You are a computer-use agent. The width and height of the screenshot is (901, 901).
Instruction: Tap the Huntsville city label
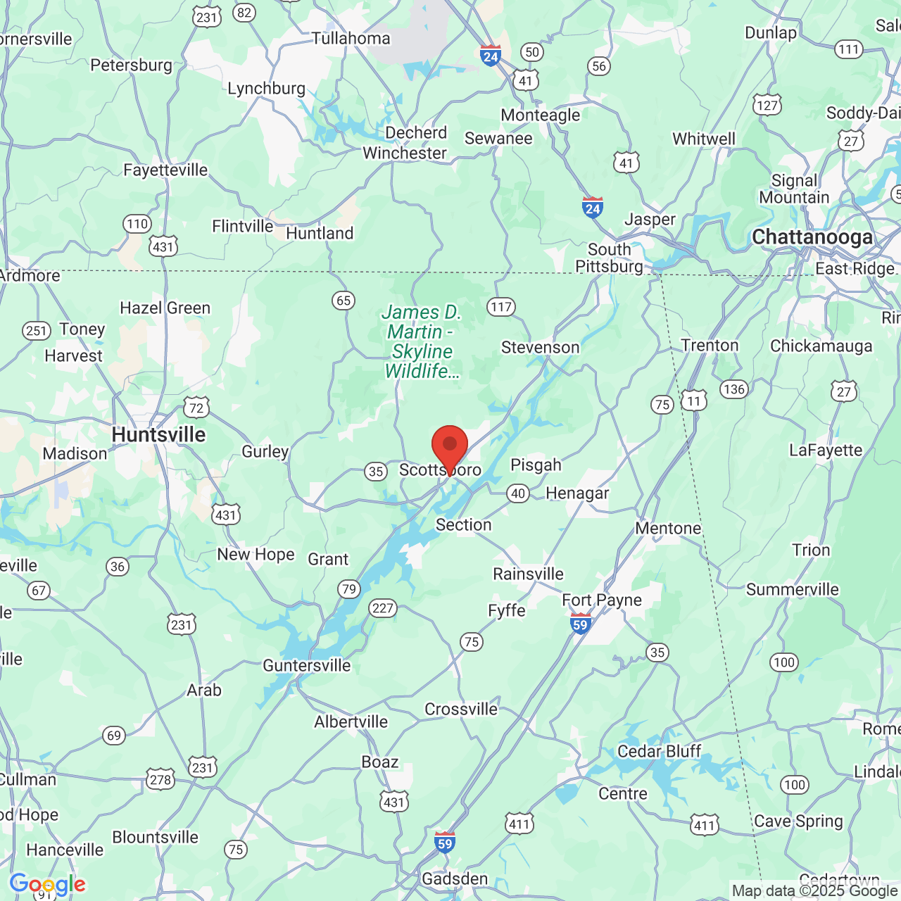pyautogui.click(x=158, y=435)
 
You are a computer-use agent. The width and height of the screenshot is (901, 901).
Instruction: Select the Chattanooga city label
pyautogui.click(x=812, y=237)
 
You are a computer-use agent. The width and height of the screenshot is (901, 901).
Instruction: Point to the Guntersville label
pyautogui.click(x=306, y=665)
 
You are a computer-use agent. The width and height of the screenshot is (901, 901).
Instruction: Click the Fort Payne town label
pyautogui.click(x=602, y=600)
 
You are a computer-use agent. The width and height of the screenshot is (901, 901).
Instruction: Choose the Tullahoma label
pyautogui.click(x=351, y=38)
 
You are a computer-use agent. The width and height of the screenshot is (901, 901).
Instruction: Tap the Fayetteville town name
pyautogui.click(x=165, y=170)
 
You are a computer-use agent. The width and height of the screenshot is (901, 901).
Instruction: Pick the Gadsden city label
pyautogui.click(x=455, y=878)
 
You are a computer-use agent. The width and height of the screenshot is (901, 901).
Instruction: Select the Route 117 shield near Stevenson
pyautogui.click(x=501, y=307)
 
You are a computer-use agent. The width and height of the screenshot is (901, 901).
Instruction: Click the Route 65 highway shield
pyautogui.click(x=343, y=301)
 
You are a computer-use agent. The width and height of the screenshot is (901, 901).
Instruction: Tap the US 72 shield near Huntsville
pyautogui.click(x=196, y=408)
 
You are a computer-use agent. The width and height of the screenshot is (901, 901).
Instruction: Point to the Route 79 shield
pyautogui.click(x=348, y=588)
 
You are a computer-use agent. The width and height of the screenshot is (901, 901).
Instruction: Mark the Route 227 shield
pyautogui.click(x=383, y=608)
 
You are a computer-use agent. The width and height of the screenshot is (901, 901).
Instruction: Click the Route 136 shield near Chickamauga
pyautogui.click(x=733, y=389)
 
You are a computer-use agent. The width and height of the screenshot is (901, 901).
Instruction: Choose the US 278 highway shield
pyautogui.click(x=160, y=779)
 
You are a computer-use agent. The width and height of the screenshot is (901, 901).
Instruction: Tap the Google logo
pyautogui.click(x=47, y=884)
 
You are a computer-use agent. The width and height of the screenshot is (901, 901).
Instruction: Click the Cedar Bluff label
pyautogui.click(x=659, y=751)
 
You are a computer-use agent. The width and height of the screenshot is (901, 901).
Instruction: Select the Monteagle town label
pyautogui.click(x=541, y=115)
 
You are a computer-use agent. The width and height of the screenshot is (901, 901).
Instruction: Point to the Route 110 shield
pyautogui.click(x=137, y=225)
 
